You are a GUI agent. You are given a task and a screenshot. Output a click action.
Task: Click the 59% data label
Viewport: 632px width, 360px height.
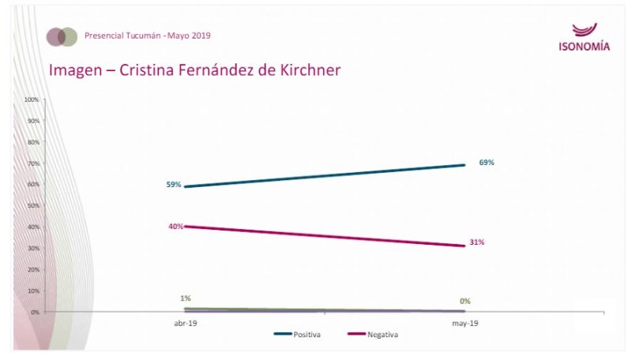[x=174, y=185]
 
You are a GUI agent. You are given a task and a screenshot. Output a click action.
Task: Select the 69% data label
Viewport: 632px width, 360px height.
[x=487, y=163]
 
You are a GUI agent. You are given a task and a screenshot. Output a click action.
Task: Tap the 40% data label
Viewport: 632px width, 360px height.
[x=175, y=227]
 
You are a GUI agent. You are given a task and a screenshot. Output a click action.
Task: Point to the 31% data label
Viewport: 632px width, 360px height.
[x=476, y=242]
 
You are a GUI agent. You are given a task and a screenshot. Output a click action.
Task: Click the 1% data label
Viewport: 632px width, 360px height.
[x=186, y=298]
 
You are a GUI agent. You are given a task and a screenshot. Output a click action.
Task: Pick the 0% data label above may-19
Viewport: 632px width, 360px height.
[x=466, y=301]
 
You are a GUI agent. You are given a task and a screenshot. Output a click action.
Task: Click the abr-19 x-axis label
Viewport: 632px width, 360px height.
[x=186, y=324]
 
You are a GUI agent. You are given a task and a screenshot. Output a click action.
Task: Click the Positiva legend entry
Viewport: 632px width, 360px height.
[x=307, y=335]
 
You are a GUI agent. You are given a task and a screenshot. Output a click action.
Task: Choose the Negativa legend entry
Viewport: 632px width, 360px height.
[x=382, y=335]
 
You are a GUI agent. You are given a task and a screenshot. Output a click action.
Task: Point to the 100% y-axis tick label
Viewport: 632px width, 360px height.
[x=32, y=100]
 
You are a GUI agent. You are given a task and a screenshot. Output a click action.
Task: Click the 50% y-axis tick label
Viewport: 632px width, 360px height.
[x=34, y=206]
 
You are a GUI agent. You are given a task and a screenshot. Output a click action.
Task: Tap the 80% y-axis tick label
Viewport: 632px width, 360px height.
[x=34, y=142]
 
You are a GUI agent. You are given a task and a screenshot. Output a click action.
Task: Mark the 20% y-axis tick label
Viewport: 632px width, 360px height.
[x=34, y=270]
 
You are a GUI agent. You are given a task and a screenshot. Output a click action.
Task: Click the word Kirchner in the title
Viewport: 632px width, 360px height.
[x=308, y=69]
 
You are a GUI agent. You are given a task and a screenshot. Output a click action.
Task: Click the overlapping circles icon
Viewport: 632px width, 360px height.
[x=62, y=36]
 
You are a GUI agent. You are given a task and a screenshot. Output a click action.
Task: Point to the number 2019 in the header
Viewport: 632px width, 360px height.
[x=201, y=36]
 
